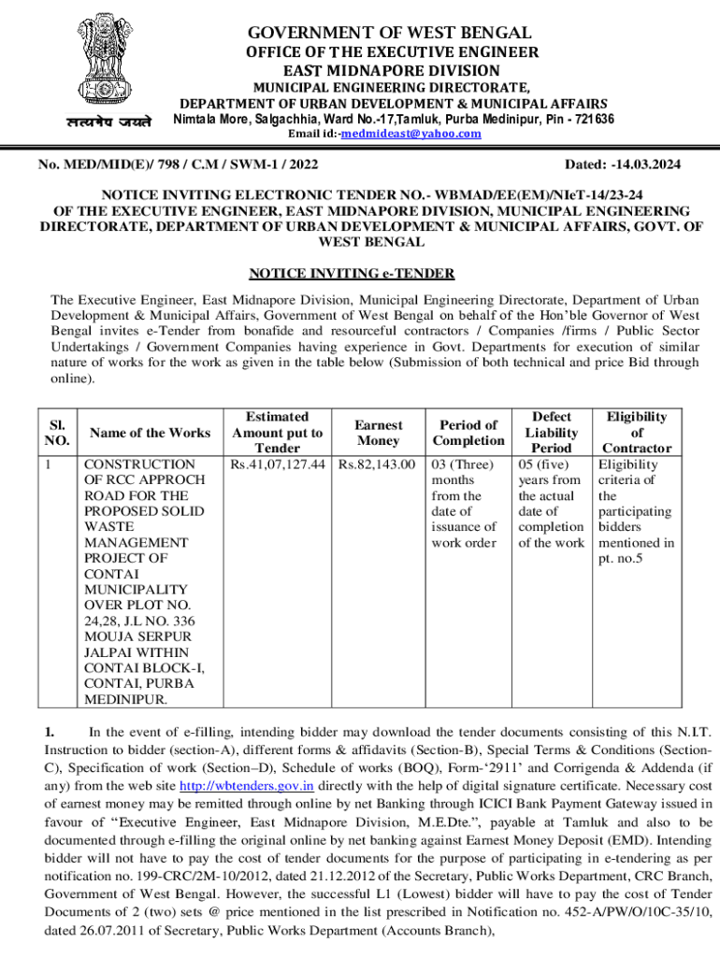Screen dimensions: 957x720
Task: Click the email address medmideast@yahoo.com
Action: pos(410,134)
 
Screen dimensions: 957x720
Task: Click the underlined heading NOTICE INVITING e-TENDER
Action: pos(352,274)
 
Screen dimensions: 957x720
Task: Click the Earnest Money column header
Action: pos(379,433)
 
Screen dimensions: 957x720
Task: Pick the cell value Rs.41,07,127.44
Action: pos(277,464)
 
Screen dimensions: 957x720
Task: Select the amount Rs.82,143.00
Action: pos(378,464)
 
